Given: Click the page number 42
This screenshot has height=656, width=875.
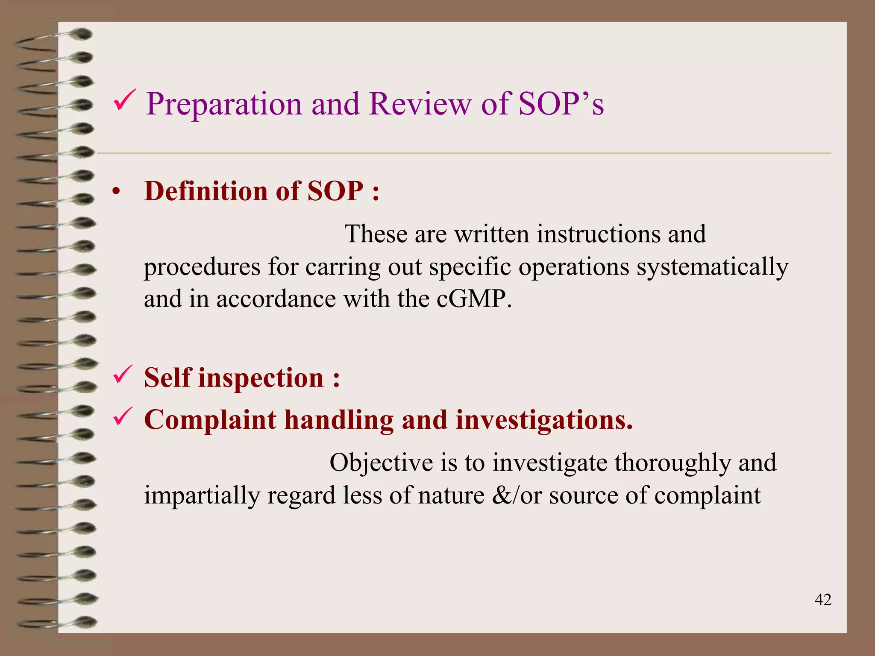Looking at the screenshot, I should pyautogui.click(x=823, y=600).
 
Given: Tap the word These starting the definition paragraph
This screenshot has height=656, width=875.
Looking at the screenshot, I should pyautogui.click(x=376, y=234).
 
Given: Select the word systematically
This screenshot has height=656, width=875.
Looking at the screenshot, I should pyautogui.click(x=712, y=267).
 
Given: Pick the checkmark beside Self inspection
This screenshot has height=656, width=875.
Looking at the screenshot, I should pyautogui.click(x=123, y=375).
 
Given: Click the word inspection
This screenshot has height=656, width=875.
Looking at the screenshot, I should pyautogui.click(x=261, y=378).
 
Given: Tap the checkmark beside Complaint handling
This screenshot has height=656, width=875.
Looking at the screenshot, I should pyautogui.click(x=123, y=416).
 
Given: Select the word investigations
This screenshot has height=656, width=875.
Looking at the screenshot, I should pyautogui.click(x=544, y=420).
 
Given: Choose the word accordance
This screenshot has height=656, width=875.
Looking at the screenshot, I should pyautogui.click(x=276, y=299).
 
